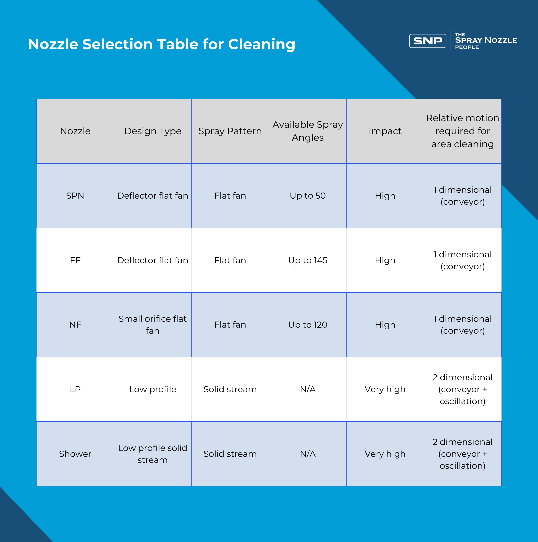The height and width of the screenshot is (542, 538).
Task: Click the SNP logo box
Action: coord(427,41)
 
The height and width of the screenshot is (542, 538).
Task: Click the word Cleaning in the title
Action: coord(262,44)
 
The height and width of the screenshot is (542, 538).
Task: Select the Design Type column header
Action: coord(153,131)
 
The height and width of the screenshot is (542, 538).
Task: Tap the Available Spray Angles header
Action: coord(308,131)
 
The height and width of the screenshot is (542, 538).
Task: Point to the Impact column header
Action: coord(385,131)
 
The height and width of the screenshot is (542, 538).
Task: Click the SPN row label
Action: coord(75,196)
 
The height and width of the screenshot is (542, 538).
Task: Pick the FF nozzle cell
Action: coord(75,260)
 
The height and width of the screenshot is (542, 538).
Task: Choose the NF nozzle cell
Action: coord(75,325)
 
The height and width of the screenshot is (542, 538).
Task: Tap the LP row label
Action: coord(75,389)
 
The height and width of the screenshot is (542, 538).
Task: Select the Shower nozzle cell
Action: coord(75,454)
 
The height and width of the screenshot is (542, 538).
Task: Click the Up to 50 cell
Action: coord(308,196)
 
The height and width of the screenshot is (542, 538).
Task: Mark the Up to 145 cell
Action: coord(308,260)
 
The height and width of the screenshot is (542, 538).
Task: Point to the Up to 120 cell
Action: coord(308,325)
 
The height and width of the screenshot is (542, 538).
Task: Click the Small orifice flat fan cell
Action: coord(153,325)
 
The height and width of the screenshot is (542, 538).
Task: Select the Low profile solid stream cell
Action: coord(153,454)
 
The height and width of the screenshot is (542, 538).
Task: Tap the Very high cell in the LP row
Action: coord(385,389)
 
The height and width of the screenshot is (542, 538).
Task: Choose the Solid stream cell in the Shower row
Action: coord(230,454)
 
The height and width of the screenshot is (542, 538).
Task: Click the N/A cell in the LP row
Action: coord(308,389)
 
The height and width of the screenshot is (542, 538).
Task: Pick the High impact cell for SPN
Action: coord(385,196)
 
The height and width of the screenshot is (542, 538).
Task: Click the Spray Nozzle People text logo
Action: coord(486,41)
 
